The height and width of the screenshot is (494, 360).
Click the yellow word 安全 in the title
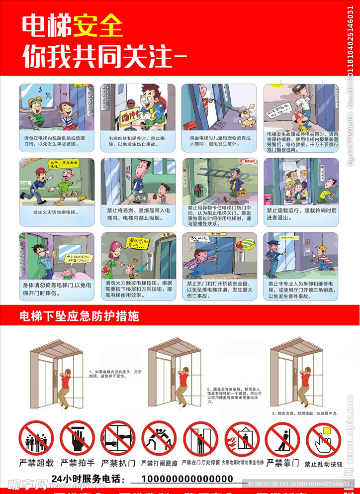point(98,26)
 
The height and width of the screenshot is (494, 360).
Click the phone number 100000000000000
point(187,479)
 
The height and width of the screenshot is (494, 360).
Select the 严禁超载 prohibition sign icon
point(36,439)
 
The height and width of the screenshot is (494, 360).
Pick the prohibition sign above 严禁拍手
point(77,439)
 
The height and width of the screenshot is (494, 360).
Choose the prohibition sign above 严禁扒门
point(118,439)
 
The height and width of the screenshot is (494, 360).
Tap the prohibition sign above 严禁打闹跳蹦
point(159,439)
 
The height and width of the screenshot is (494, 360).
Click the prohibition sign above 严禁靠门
point(282,439)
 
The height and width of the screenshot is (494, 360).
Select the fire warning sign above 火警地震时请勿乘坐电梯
point(242,439)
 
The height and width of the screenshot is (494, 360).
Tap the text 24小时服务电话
point(87,479)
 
